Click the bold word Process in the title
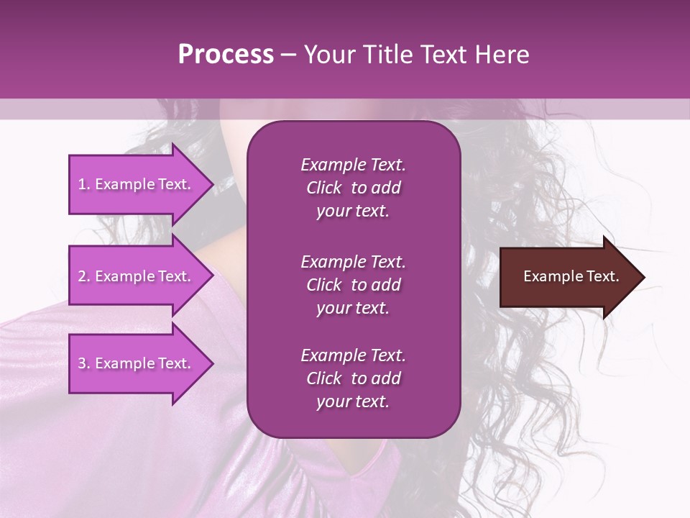(x=226, y=55)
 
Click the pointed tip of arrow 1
(x=211, y=184)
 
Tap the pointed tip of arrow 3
(x=211, y=363)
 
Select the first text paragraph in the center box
(x=353, y=188)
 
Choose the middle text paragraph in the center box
(x=353, y=285)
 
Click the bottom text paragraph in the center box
(x=353, y=378)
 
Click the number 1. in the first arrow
(x=84, y=184)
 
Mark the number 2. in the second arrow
(x=84, y=276)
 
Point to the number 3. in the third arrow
(x=84, y=363)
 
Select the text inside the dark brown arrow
(x=571, y=276)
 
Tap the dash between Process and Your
(x=288, y=55)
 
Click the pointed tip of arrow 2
(x=211, y=276)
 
